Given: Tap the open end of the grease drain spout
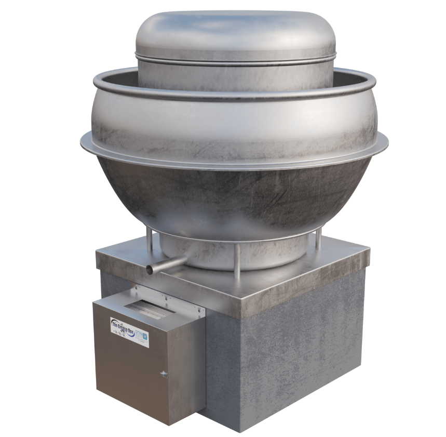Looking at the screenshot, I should coord(150,270).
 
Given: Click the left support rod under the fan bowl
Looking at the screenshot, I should coord(149,245).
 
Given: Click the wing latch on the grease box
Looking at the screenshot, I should coord(164,374).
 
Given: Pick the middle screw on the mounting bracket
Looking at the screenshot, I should coord(168,300).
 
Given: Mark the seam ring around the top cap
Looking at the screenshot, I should coord(233,58).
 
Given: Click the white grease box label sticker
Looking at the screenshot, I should coord(130,330).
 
